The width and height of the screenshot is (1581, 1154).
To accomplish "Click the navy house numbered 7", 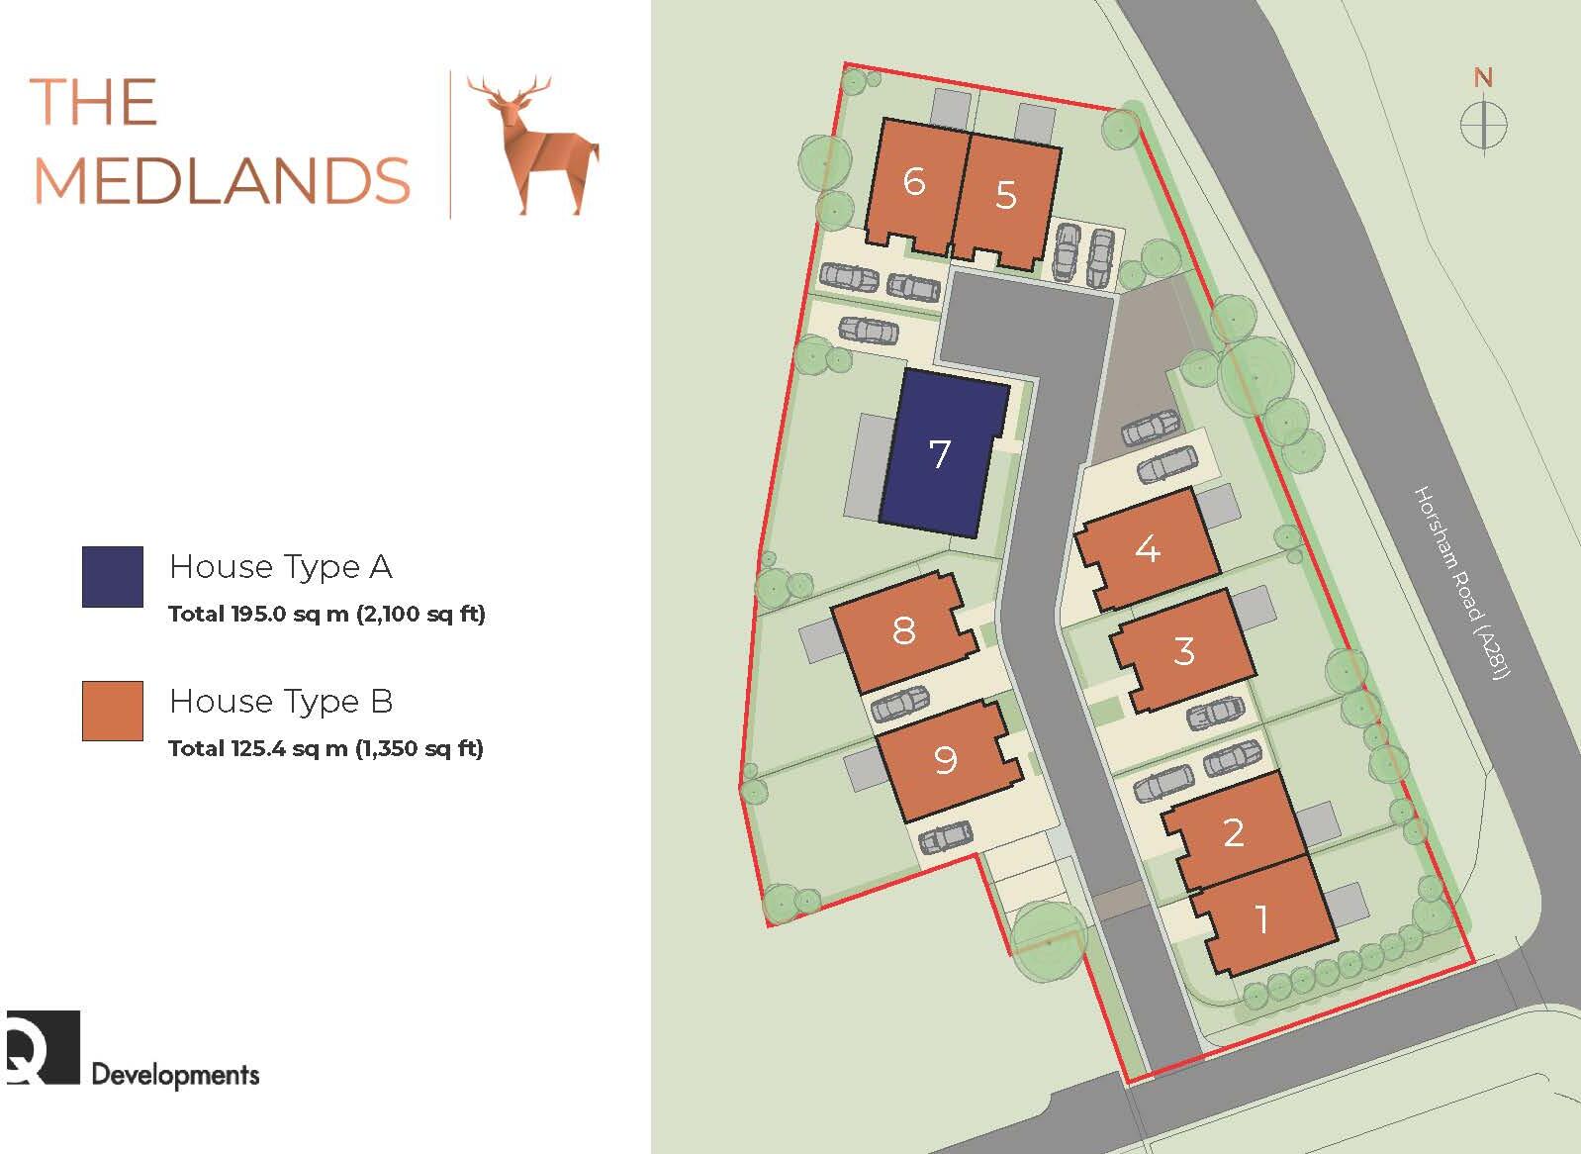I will [x=940, y=454].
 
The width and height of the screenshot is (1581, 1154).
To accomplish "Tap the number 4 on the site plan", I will [x=1148, y=548].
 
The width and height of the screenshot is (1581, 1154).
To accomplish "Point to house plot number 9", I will [x=946, y=759].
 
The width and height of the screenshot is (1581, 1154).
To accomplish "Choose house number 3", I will [x=1184, y=651].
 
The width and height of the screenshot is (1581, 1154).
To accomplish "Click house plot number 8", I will [x=903, y=630].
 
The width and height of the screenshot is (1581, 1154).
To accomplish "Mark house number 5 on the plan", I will [x=1006, y=194].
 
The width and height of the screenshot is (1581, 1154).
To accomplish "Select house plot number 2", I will [x=1233, y=832].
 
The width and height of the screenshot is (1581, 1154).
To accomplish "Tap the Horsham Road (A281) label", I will [x=1462, y=583].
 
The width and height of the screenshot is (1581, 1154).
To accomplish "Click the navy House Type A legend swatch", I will [x=113, y=576].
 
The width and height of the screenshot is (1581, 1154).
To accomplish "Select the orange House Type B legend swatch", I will [x=113, y=711].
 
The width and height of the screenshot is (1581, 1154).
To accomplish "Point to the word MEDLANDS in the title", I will [x=222, y=180].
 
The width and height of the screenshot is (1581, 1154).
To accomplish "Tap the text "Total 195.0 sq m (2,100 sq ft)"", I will [x=326, y=614].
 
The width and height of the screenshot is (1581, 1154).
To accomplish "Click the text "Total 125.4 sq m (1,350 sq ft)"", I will [x=325, y=748].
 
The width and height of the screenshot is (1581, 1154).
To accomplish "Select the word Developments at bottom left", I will [x=175, y=1074].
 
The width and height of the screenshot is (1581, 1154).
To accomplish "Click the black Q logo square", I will [x=43, y=1046].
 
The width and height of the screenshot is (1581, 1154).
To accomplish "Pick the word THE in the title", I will [x=95, y=102].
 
